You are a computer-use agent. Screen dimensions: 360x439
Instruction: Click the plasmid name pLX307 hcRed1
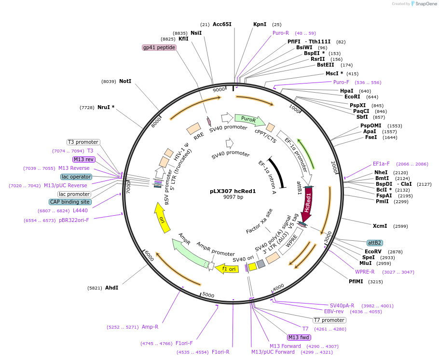[233, 191]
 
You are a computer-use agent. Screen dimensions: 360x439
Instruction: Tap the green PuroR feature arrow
[249, 119]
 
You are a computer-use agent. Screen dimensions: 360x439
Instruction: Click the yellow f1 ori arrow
[227, 268]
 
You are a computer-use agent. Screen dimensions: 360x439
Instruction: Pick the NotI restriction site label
[125, 82]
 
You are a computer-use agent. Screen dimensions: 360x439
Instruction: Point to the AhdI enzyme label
[111, 288]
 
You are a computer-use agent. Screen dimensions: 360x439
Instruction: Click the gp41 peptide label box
[159, 47]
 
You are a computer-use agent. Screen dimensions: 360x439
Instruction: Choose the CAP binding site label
[69, 202]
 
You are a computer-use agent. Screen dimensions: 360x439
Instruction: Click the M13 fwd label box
[299, 337]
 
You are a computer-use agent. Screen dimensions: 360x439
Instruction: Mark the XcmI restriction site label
[380, 226]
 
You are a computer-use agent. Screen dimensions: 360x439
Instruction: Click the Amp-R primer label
[150, 327]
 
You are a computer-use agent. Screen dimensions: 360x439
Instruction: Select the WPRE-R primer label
[365, 272]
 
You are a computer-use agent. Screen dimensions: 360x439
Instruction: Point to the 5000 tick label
[208, 294]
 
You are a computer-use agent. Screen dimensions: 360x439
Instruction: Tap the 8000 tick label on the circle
[155, 122]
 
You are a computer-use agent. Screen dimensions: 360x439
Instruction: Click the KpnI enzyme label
[260, 24]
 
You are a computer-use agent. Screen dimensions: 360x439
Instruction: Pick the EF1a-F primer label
[381, 164]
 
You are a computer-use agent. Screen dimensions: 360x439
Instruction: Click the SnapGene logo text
[425, 4]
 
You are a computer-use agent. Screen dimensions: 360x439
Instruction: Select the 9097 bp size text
[233, 197]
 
